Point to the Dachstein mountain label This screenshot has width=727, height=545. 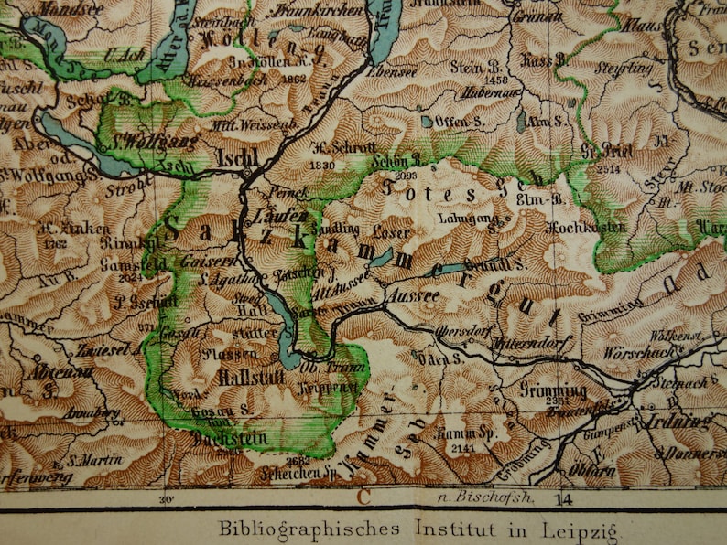pyautogui.click(x=232, y=438)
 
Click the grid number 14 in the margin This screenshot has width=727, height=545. pyautogui.click(x=562, y=498)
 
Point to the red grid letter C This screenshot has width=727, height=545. pyautogui.click(x=363, y=497)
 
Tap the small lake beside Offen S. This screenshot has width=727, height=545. pyautogui.click(x=427, y=121)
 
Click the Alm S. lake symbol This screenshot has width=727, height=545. pyautogui.click(x=521, y=120)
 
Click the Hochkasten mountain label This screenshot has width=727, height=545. pyautogui.click(x=586, y=227)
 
